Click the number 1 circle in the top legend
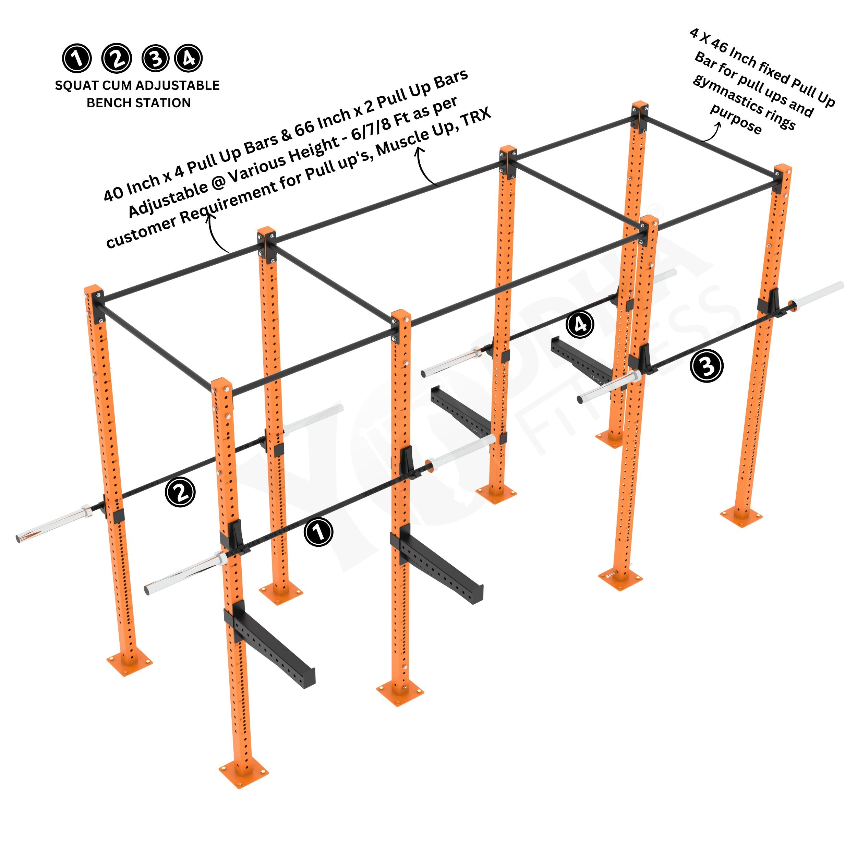[x=77, y=59]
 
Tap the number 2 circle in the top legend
[x=116, y=59]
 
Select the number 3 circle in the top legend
[x=156, y=59]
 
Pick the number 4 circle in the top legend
[x=189, y=58]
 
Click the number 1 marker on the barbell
[x=318, y=532]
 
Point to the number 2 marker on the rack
[x=180, y=492]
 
